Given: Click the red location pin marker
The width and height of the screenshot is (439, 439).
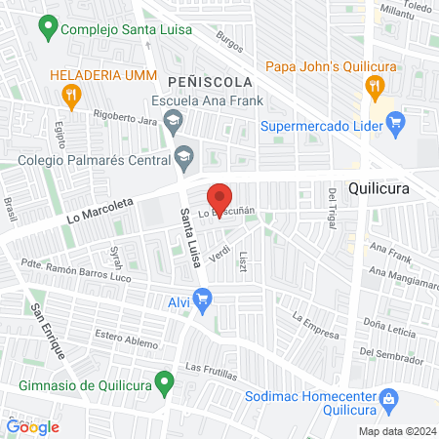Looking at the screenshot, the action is [x=220, y=199].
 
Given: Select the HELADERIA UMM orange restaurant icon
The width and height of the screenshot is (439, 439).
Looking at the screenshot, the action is [x=70, y=95].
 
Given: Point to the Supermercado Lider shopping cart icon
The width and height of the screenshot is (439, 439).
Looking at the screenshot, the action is [x=395, y=123].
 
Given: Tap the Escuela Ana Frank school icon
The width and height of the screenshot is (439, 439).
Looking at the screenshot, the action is [x=173, y=122].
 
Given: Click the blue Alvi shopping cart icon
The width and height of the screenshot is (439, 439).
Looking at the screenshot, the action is [x=203, y=301].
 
